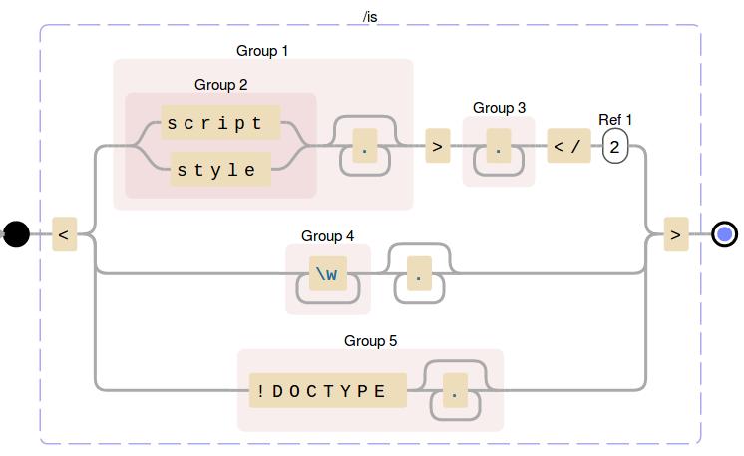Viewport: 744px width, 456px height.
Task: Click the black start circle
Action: [x=16, y=235]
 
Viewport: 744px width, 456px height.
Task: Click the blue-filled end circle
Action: [x=725, y=235]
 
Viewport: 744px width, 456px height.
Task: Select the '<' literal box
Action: [x=64, y=235]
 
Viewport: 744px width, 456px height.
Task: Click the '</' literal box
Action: [x=567, y=147]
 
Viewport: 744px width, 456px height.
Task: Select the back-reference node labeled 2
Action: [x=615, y=147]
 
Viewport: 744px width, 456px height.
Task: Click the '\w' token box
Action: [x=327, y=273]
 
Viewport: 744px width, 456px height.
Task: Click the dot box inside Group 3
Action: [x=498, y=152]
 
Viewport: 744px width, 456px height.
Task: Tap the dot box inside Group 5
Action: [x=455, y=392]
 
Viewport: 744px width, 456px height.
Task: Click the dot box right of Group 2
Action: [x=364, y=151]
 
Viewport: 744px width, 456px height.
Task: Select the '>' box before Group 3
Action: [x=437, y=147]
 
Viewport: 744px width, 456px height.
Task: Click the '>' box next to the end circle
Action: [x=676, y=235]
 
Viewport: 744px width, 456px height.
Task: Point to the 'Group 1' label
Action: [x=262, y=50]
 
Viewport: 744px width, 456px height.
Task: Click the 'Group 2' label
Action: [x=220, y=85]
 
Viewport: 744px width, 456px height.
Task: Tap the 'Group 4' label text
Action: [x=327, y=236]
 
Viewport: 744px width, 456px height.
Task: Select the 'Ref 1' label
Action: [x=615, y=120]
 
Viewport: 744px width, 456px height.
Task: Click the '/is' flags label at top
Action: [x=370, y=17]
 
